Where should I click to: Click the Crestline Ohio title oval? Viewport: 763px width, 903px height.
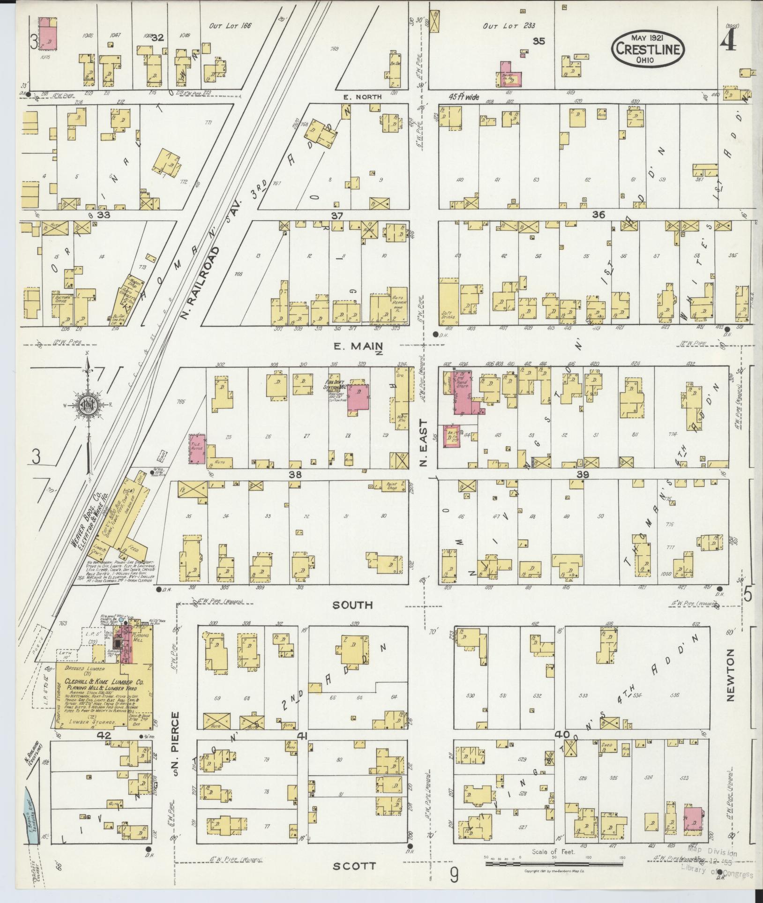point(648,49)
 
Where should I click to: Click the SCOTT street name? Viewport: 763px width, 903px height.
point(354,866)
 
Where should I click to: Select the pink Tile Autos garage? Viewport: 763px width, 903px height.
point(197,448)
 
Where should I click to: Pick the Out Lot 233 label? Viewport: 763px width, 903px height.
point(509,26)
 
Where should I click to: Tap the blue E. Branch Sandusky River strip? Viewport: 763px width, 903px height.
point(29,815)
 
